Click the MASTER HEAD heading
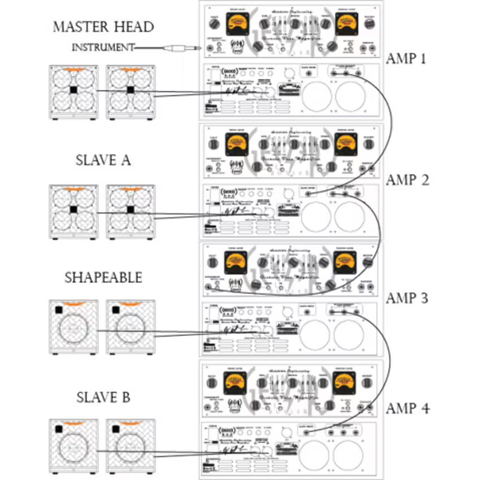click(x=103, y=27)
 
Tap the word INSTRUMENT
click(x=103, y=47)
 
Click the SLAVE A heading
click(x=103, y=160)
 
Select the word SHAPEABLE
click(x=103, y=278)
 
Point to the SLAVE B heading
click(x=103, y=398)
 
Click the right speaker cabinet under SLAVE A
click(x=130, y=211)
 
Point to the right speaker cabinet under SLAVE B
click(x=130, y=446)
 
